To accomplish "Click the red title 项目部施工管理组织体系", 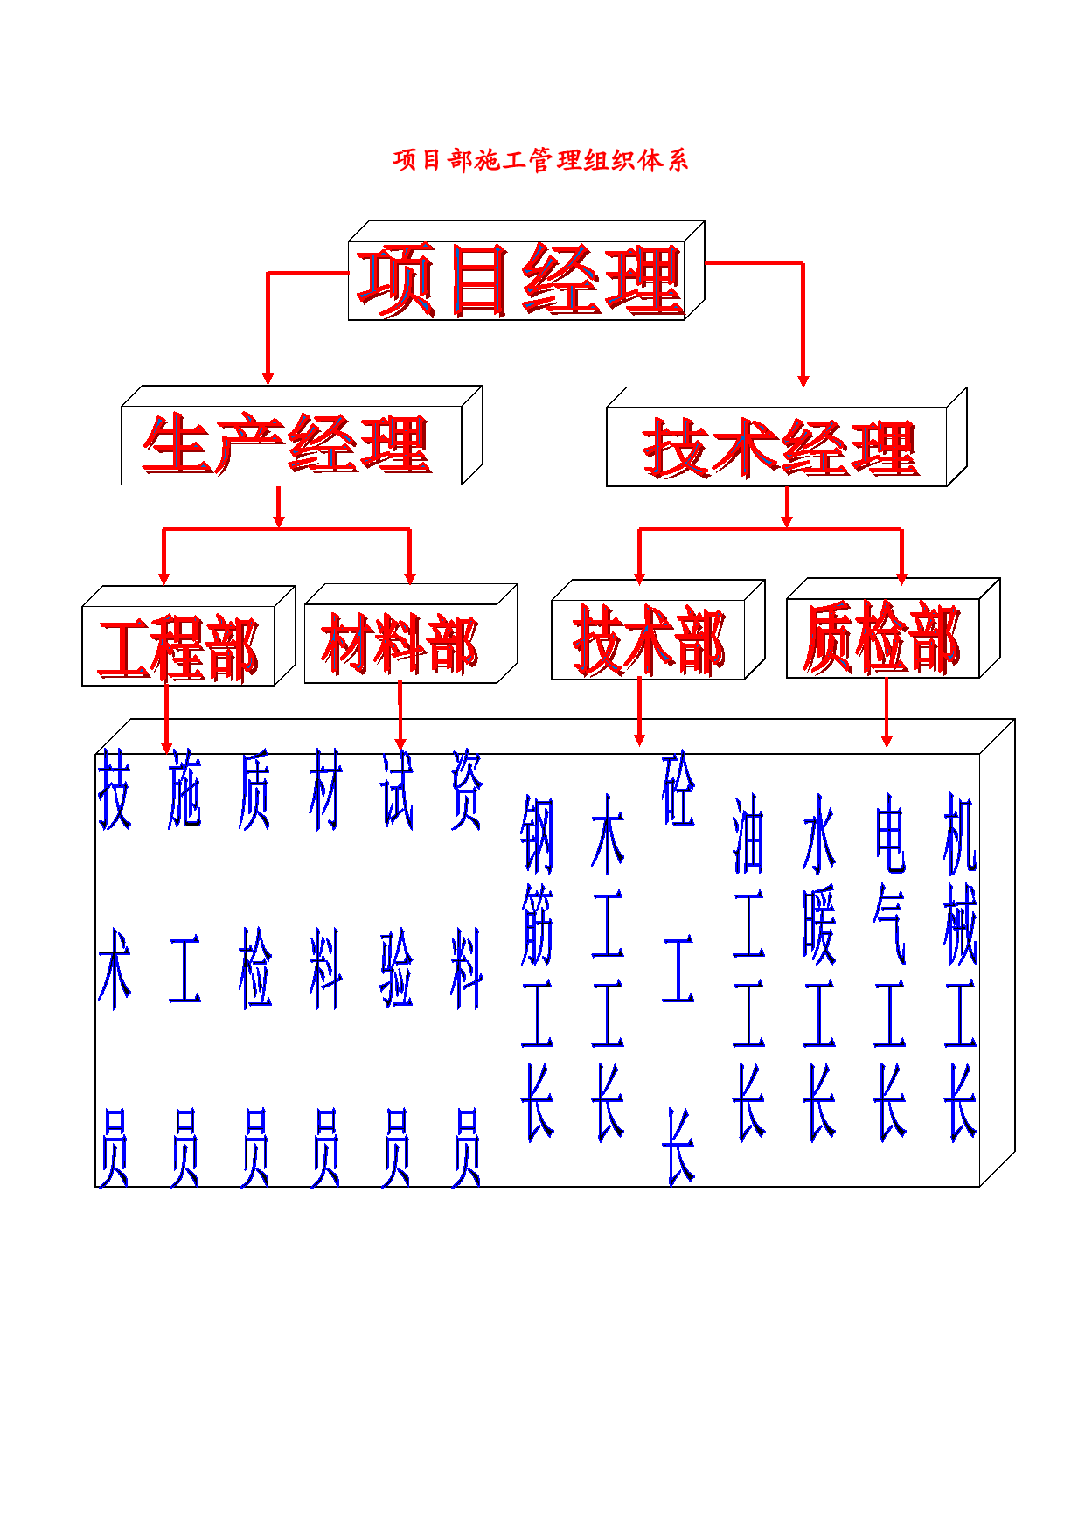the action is point(540,160).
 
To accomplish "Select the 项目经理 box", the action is point(526,270).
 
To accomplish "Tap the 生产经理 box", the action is point(302,436).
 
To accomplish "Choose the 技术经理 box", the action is point(787,436).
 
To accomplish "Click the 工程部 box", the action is point(188,636).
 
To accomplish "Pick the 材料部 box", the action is point(411,633).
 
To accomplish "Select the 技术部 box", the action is point(658,630).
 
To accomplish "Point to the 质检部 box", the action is point(894,628).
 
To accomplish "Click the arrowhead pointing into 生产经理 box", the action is point(268,379).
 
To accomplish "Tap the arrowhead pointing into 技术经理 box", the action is point(803,380).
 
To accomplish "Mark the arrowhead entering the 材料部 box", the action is point(410,578).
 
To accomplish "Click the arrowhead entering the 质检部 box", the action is point(902,578).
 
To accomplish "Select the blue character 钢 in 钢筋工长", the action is point(537,834).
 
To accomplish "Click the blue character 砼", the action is point(678,790).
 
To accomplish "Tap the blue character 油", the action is point(748,834).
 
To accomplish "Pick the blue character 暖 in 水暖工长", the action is point(819,924).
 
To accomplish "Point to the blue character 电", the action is point(890,834).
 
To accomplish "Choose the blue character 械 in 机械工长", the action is point(960,924).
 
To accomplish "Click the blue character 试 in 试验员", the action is point(397,790).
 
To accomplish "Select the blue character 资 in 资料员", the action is point(467,790).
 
